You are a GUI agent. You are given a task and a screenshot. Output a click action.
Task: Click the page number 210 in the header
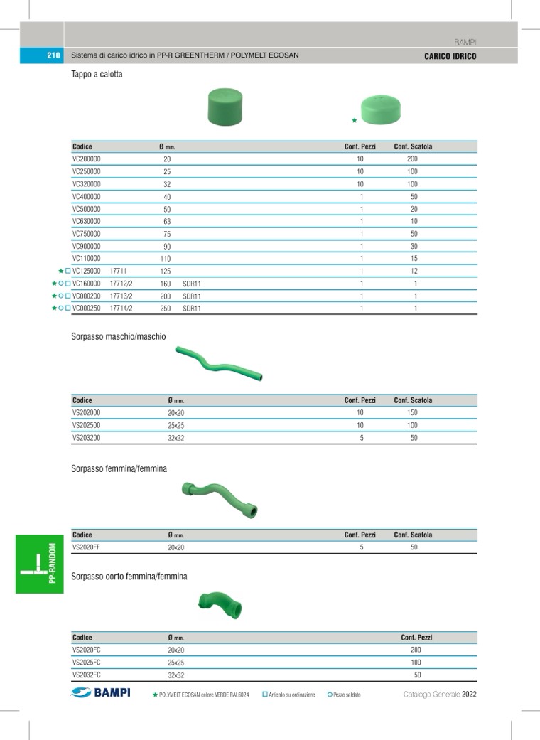[x=53, y=55]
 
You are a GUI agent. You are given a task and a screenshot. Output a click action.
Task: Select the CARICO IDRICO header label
[x=450, y=56]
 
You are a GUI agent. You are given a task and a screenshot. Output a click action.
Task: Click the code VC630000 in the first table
[x=87, y=222]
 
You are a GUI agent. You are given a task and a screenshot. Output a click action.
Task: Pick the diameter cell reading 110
[x=166, y=259]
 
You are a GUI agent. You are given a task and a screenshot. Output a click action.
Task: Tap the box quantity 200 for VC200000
[x=413, y=159]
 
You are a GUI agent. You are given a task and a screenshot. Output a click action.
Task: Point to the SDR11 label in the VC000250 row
[x=192, y=309]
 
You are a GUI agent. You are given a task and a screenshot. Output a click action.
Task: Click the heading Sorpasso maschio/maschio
[x=119, y=336]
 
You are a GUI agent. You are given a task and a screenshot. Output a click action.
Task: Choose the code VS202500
[x=87, y=425]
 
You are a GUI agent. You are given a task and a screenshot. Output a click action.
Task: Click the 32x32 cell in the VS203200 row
[x=175, y=438]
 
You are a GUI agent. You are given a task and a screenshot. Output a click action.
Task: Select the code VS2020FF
[x=87, y=547]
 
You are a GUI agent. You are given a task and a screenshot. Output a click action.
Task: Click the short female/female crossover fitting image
[x=220, y=605]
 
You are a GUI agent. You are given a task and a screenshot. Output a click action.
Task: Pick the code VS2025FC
[x=87, y=663]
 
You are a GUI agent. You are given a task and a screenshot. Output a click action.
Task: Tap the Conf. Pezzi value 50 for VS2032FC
[x=417, y=675]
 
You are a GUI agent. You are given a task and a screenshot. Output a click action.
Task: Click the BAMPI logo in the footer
[x=101, y=693]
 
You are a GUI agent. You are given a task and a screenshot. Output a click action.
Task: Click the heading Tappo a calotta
[x=97, y=74]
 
